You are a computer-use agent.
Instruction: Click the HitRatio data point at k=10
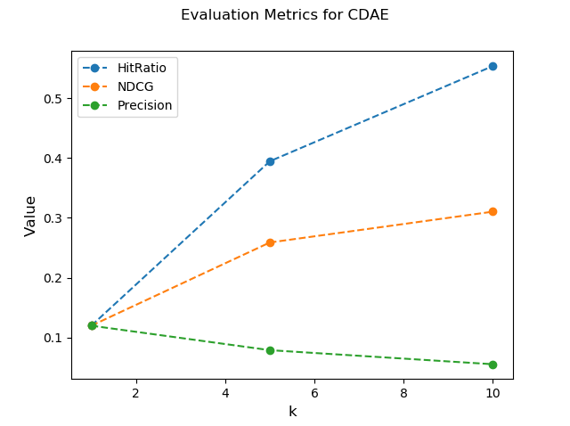click(x=493, y=66)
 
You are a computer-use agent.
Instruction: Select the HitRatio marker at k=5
click(x=270, y=161)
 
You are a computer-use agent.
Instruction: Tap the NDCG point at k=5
click(x=270, y=242)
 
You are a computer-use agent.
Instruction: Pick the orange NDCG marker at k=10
click(x=493, y=211)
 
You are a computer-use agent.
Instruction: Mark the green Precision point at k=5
click(x=270, y=350)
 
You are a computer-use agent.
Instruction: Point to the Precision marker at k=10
click(x=493, y=365)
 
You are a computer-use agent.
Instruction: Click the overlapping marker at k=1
click(x=92, y=325)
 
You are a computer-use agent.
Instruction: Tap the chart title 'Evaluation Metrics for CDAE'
click(x=285, y=15)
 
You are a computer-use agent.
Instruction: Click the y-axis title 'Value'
click(x=30, y=216)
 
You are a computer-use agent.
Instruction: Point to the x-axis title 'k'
click(x=292, y=411)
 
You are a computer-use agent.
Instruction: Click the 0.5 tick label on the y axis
click(x=53, y=99)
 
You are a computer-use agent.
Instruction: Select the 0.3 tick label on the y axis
click(x=53, y=218)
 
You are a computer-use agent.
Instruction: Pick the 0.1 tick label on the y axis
click(x=53, y=338)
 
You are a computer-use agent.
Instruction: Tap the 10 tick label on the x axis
click(x=493, y=392)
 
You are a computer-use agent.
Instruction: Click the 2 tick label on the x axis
click(x=136, y=392)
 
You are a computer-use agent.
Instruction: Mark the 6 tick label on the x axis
click(x=314, y=392)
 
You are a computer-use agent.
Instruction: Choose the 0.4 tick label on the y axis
click(x=53, y=159)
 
